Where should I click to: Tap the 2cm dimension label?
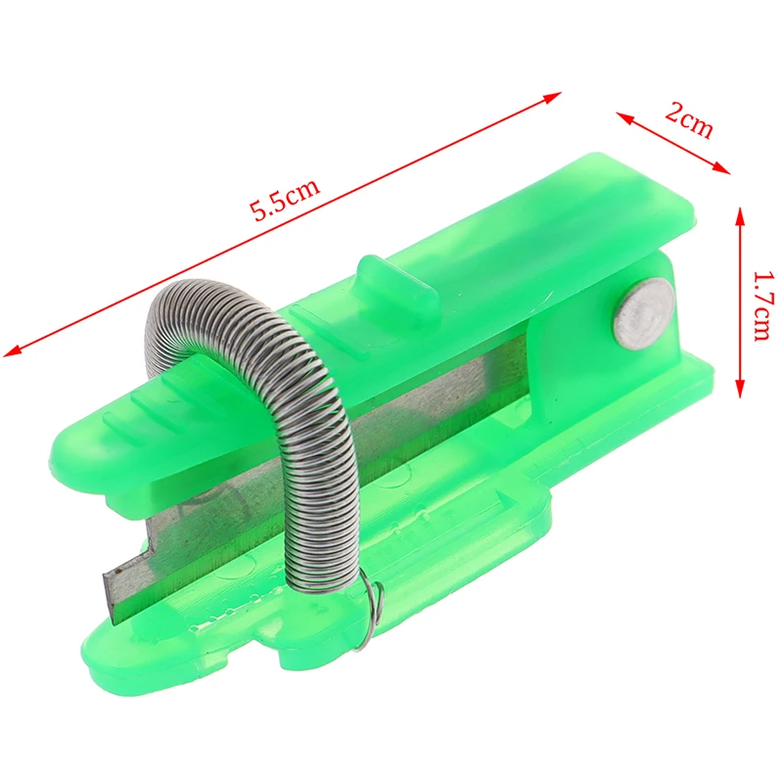[x=689, y=120]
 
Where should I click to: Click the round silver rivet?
[x=644, y=312]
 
